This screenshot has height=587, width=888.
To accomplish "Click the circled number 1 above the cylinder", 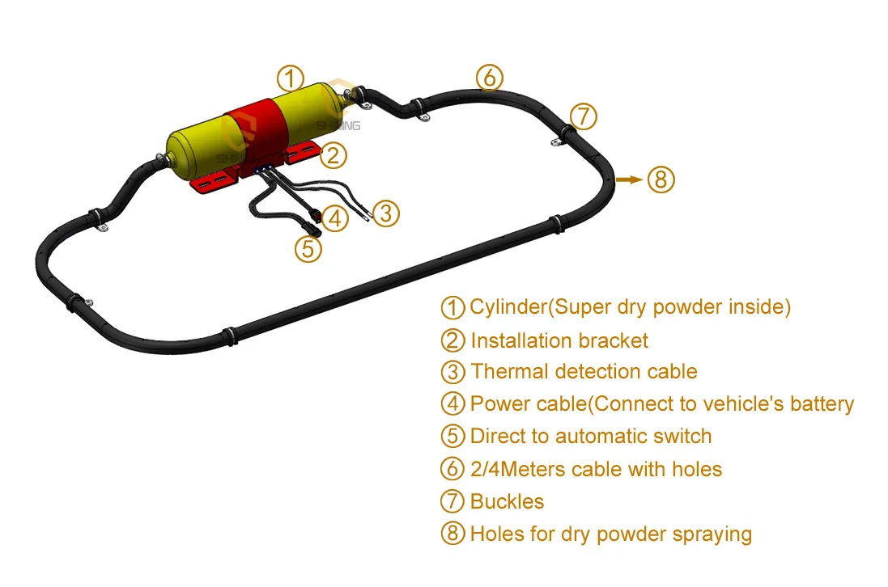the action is tap(290, 78).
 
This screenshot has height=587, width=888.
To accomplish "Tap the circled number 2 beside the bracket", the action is tap(334, 154).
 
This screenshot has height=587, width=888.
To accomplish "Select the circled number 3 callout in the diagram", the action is tap(386, 213).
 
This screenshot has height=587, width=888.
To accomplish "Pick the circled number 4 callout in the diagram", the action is tap(334, 217).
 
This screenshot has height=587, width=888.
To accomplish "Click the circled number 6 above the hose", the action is tap(489, 78).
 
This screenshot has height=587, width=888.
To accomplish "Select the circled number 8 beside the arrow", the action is tap(661, 179).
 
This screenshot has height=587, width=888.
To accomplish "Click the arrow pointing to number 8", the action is tap(630, 179).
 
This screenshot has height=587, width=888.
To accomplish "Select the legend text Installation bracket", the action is tap(559, 340).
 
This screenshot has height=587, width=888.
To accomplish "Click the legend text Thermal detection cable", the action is tap(583, 372).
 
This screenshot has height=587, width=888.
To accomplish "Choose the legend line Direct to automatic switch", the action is tap(590, 437).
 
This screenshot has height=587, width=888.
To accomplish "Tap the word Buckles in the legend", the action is tap(507, 501).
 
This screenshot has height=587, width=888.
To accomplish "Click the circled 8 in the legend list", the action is tap(453, 534).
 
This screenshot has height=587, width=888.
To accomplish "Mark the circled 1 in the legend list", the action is tap(453, 307).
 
